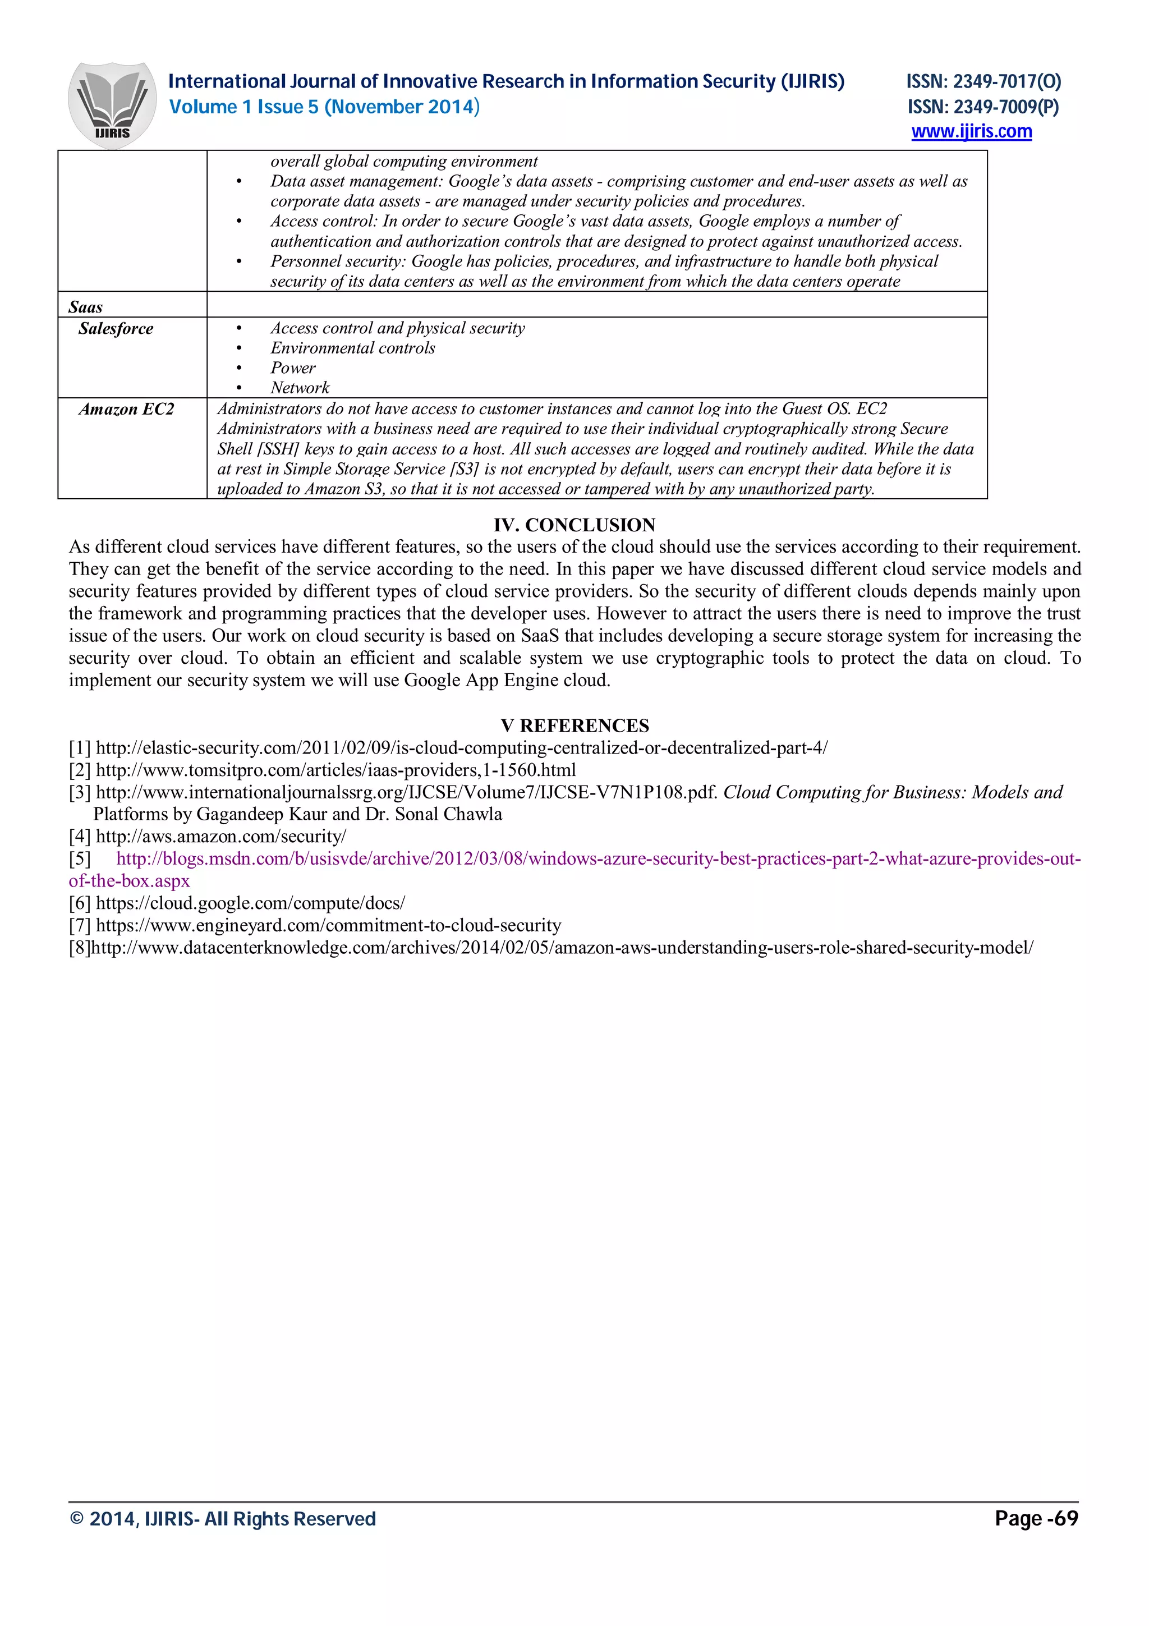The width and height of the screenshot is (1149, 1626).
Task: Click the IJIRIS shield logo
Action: tap(112, 105)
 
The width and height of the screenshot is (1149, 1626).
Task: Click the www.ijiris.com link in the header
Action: tap(971, 132)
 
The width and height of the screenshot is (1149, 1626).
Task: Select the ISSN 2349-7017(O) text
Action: tap(983, 82)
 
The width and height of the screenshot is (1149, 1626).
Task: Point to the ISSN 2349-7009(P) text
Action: tap(983, 107)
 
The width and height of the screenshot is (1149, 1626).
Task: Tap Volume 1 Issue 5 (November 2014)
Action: tap(324, 107)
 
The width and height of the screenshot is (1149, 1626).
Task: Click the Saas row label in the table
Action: tap(86, 307)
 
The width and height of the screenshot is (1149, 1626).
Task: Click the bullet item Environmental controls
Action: tap(352, 348)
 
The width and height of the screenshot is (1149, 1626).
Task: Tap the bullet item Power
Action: tap(293, 368)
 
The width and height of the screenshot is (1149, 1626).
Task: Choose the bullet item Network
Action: tap(300, 387)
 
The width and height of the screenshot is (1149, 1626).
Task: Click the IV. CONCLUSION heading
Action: tap(574, 525)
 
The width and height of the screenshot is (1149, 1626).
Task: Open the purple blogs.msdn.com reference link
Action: tap(598, 859)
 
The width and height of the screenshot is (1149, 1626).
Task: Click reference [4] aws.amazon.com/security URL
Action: tap(221, 837)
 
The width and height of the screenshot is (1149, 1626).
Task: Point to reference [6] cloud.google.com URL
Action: tap(250, 903)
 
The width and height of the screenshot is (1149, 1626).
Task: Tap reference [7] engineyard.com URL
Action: tap(328, 925)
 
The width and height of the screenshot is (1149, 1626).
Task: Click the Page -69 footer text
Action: tap(1036, 1518)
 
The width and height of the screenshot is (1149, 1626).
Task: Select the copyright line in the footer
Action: tap(223, 1519)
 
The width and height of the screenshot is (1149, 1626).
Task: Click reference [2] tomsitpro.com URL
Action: tap(335, 770)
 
